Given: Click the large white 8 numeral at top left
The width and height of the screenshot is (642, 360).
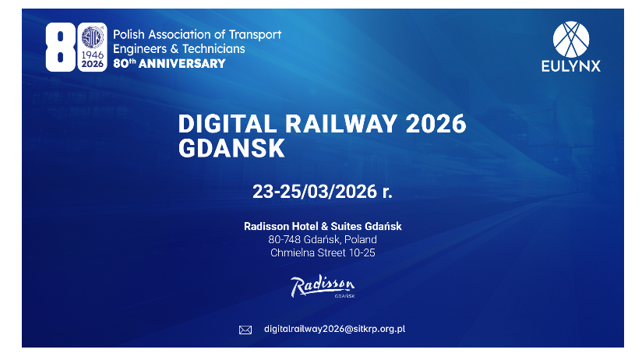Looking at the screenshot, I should [x=58, y=47].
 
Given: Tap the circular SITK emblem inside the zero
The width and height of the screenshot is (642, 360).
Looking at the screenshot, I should [x=92, y=38].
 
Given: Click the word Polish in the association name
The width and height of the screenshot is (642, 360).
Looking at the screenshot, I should [x=129, y=35].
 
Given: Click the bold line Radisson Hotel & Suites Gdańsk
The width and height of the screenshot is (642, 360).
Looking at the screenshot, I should [x=323, y=226].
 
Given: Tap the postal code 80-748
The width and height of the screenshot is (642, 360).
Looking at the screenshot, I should [x=284, y=239].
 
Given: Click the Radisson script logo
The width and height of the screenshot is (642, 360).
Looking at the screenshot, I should [x=322, y=287].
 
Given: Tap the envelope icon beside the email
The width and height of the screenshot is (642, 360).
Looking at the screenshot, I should [x=245, y=330].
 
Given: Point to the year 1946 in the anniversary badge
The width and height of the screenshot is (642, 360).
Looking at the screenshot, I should [x=93, y=55].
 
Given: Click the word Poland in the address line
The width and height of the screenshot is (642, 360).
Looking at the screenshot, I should [x=362, y=239].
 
